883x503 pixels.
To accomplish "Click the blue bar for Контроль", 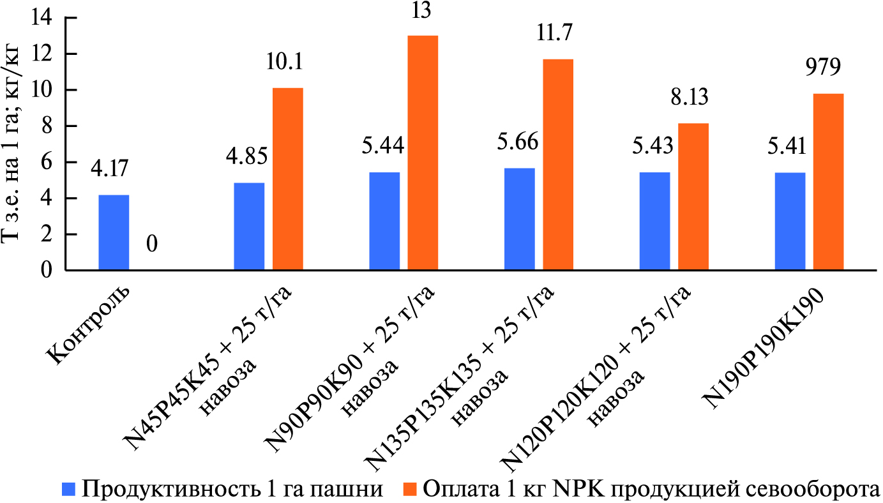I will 114,233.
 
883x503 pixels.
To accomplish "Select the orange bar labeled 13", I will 423,153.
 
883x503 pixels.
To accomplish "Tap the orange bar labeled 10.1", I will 288,179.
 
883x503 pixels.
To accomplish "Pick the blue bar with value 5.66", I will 519,220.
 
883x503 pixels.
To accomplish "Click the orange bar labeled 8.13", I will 693,197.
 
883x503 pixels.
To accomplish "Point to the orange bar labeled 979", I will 828,183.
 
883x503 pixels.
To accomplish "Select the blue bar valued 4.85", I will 249,227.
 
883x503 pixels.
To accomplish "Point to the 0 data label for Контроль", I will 153,244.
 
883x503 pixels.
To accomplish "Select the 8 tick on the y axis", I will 47,126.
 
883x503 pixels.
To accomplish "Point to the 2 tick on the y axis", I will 47,235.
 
